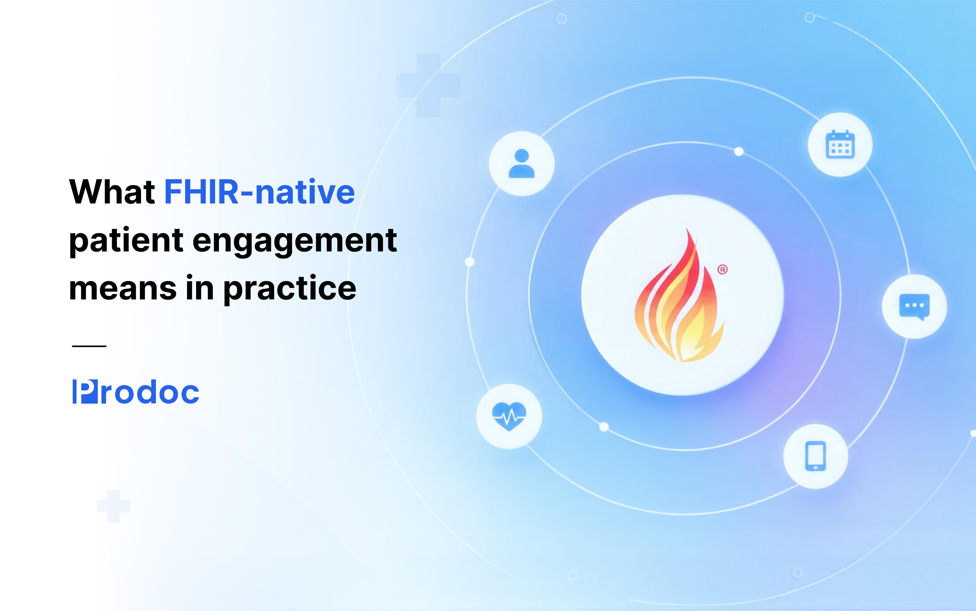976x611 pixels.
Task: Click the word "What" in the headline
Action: (113, 192)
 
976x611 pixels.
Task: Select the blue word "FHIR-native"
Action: (259, 192)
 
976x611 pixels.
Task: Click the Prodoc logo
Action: (135, 392)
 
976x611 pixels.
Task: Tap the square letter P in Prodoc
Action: (85, 392)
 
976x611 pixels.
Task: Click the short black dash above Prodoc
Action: (89, 346)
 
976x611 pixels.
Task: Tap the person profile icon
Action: (522, 164)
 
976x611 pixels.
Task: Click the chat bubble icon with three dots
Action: (915, 307)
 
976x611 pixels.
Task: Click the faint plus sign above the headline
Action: (428, 85)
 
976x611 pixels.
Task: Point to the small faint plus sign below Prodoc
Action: (113, 506)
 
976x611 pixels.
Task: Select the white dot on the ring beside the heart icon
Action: (604, 427)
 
